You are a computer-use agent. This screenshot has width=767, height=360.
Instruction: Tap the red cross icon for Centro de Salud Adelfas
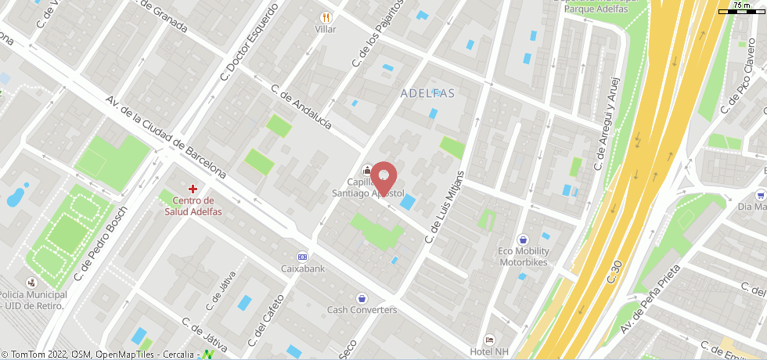point(193,189)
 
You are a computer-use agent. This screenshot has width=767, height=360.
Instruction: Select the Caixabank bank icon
point(302,257)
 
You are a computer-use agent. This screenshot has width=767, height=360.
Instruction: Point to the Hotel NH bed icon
point(489,340)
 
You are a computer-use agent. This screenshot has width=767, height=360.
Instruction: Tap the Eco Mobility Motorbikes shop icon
point(524,239)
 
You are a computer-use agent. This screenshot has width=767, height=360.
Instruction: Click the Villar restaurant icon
point(326,17)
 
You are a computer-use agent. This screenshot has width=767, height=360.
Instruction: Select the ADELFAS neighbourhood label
point(427,93)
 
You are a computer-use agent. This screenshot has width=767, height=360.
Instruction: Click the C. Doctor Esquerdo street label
point(250,42)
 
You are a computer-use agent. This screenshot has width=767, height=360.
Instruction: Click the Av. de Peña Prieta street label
point(650,298)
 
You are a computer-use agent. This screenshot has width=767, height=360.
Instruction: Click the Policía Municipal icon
point(31,282)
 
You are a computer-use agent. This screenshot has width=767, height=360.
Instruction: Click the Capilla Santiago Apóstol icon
point(366,170)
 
